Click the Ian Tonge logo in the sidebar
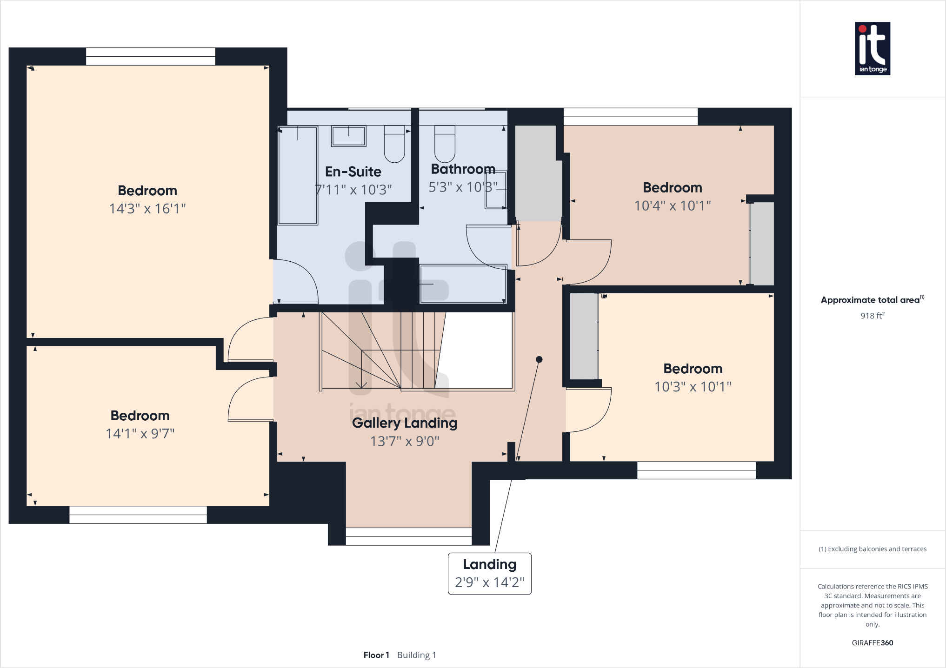[x=872, y=48]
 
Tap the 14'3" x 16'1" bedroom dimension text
[x=147, y=209]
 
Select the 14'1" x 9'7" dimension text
[x=140, y=434]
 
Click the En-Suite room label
[x=353, y=172]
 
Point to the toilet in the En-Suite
[x=394, y=144]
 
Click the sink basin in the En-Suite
[x=348, y=136]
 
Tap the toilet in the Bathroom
[x=445, y=144]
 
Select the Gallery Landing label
[x=404, y=423]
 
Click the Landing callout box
[x=489, y=573]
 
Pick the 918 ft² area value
[x=872, y=316]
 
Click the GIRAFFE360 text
[x=872, y=643]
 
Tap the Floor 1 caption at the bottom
[x=376, y=655]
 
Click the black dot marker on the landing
[x=539, y=359]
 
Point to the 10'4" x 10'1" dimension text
[x=672, y=205]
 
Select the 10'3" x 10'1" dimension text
[x=693, y=387]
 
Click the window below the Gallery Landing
[x=408, y=536]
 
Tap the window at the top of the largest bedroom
[x=151, y=56]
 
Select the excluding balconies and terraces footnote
[x=872, y=549]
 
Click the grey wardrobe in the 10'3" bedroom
[x=583, y=336]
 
